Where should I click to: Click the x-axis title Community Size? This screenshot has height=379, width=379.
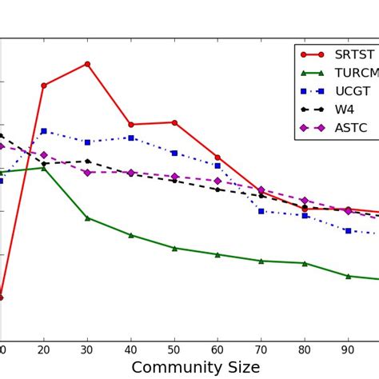(195, 367)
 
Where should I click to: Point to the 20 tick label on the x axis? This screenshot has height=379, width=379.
(43, 349)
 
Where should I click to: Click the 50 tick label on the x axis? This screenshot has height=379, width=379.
(174, 349)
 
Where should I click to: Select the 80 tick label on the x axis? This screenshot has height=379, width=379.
(305, 349)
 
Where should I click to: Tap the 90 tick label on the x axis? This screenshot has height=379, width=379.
(348, 349)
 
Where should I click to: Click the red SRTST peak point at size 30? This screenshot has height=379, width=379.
(87, 64)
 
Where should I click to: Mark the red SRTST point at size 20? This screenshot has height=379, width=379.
(43, 86)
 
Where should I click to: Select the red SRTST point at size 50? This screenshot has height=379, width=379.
(174, 122)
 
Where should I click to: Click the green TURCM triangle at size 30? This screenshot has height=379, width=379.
(87, 217)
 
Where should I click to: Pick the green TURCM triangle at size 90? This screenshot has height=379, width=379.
(348, 276)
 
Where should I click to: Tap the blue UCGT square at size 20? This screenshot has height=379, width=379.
(43, 131)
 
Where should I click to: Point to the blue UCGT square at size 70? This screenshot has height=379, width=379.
(261, 211)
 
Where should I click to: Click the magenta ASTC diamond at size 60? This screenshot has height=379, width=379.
(217, 181)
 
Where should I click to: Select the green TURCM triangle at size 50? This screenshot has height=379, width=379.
(174, 248)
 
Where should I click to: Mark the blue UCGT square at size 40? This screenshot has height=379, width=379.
(131, 138)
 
